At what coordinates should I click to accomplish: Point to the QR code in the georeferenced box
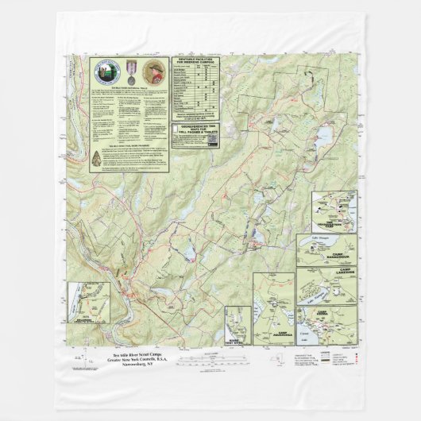[x=212, y=140]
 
